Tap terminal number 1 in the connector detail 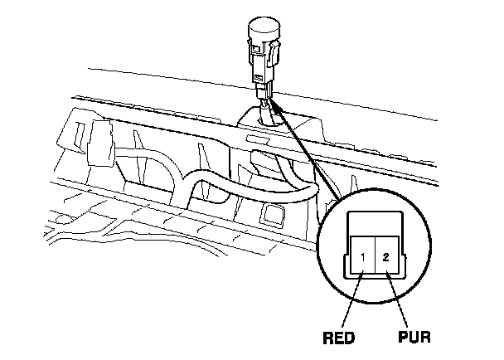click(362, 258)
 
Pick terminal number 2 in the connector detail click(385, 258)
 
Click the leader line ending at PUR click(401, 302)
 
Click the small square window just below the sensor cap click(260, 55)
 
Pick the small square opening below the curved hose click(270, 215)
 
